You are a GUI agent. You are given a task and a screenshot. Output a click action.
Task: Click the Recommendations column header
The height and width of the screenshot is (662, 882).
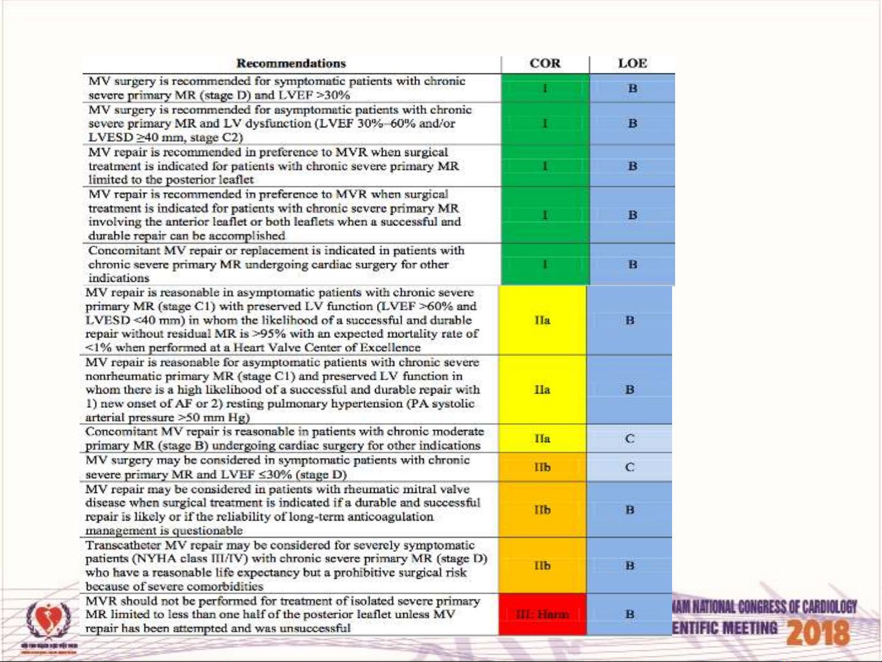[291, 64]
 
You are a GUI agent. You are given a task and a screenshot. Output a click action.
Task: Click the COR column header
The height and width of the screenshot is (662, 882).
[545, 64]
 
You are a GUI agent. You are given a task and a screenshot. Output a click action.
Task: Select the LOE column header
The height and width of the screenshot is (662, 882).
[632, 64]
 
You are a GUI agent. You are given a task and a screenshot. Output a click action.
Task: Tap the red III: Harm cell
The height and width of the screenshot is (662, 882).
[542, 614]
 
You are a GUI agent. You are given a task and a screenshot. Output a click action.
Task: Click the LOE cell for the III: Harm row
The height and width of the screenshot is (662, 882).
[629, 614]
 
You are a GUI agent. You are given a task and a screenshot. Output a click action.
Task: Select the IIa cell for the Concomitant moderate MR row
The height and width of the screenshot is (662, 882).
[542, 438]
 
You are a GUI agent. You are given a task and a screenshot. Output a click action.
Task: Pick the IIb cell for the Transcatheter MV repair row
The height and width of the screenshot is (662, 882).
[542, 565]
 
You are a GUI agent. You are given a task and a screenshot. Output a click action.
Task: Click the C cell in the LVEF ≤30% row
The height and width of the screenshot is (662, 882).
[629, 467]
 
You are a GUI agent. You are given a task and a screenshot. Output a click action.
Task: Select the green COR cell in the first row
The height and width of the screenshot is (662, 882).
[545, 89]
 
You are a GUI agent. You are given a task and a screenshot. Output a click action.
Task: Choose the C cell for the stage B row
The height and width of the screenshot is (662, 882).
[629, 438]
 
